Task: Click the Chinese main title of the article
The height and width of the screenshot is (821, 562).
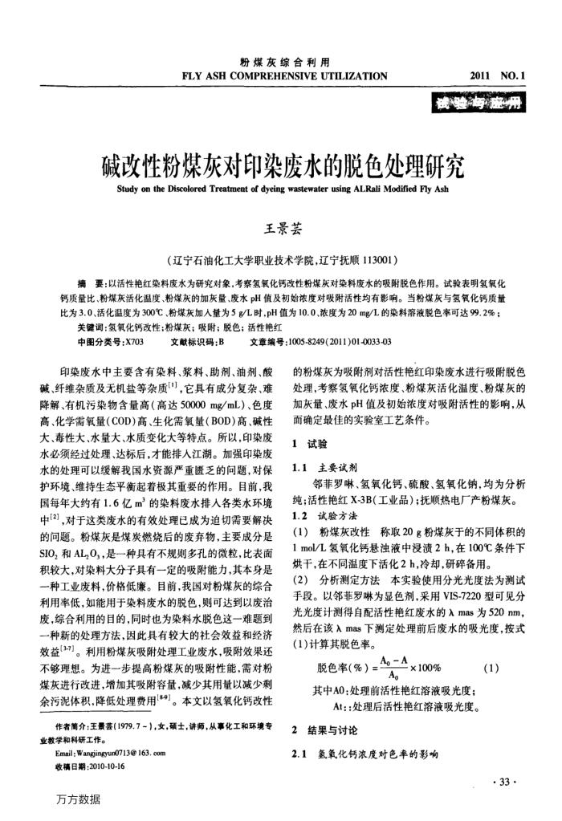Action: (283, 169)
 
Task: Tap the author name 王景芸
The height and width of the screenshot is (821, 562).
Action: (281, 231)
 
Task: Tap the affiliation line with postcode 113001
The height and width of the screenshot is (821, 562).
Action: (281, 262)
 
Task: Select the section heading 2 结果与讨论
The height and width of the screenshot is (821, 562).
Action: (325, 730)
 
